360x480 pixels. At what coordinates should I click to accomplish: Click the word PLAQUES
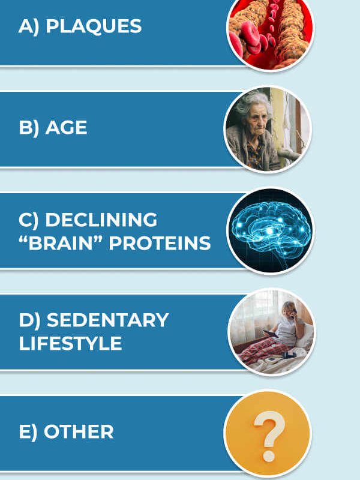pos(94,26)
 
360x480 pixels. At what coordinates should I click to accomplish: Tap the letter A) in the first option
pos(28,26)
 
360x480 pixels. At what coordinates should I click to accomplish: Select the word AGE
pos(66,128)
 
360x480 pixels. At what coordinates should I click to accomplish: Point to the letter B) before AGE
pos(29,128)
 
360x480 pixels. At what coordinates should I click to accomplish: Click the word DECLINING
pos(101,220)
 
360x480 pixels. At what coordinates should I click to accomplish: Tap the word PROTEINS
pos(160,244)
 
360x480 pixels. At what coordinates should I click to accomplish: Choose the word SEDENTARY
pos(107,320)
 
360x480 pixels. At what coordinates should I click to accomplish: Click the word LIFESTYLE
pos(70,343)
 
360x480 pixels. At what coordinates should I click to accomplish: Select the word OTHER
pos(79,432)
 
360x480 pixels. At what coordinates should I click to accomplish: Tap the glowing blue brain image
pos(271,230)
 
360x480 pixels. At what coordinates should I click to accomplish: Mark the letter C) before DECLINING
pos(28,220)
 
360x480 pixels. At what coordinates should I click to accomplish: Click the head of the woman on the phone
pos(289,310)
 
